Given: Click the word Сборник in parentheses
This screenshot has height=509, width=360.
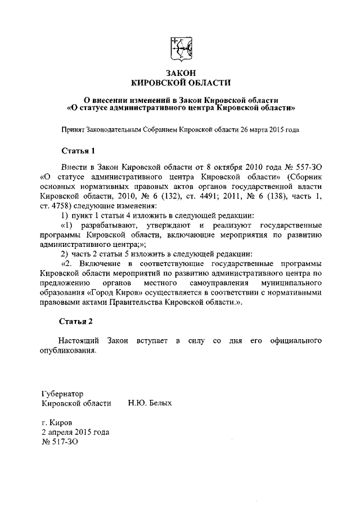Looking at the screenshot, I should coord(304,177).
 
